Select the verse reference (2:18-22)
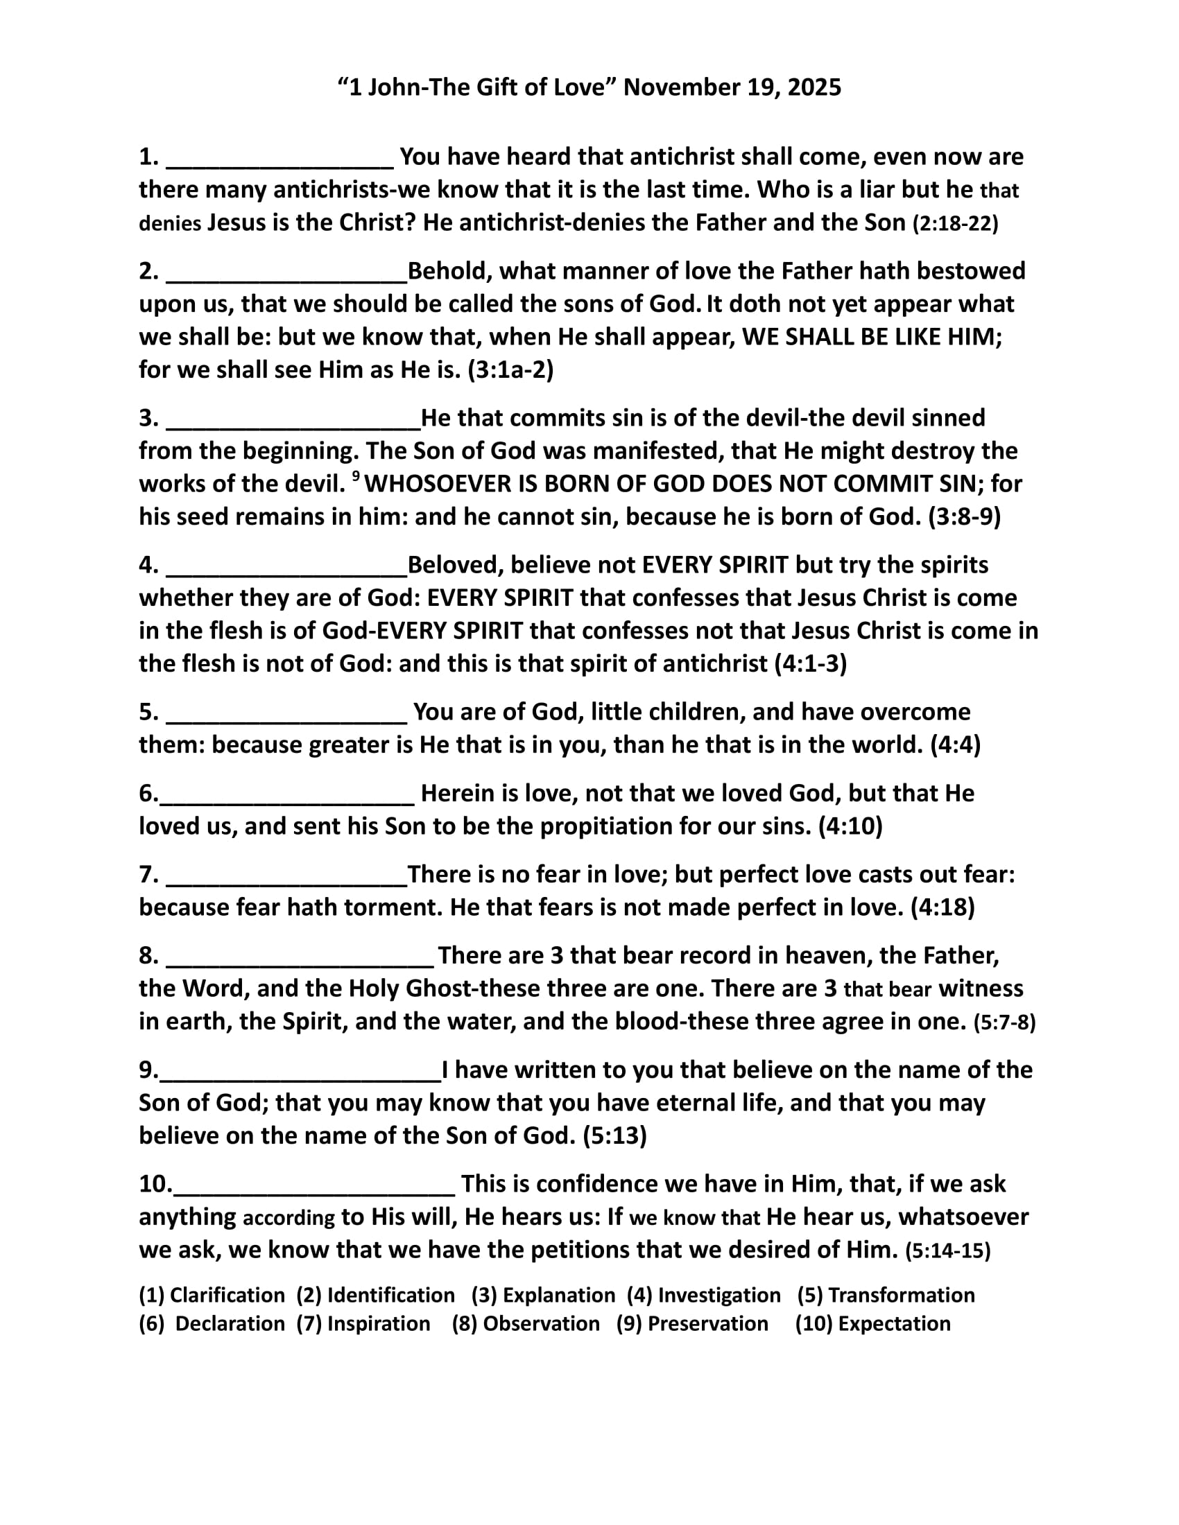pos(956,223)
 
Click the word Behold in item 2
pos(447,271)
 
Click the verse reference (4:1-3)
pos(811,663)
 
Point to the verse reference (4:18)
pos(943,907)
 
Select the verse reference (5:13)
pos(614,1135)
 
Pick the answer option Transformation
pos(901,1296)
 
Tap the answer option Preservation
pos(707,1324)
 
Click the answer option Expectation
pos(894,1324)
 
